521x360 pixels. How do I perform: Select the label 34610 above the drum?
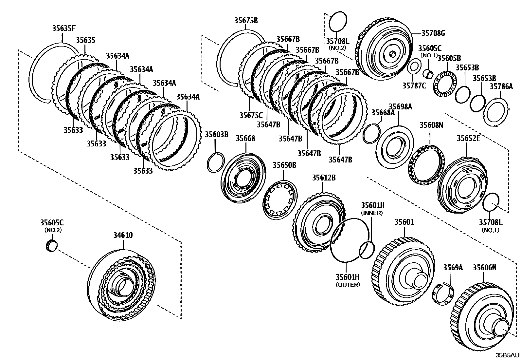123,236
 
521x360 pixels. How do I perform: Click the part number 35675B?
246,20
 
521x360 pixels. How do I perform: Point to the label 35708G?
433,33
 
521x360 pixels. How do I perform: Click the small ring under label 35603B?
216,161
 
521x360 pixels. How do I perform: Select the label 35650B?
284,165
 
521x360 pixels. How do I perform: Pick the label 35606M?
484,268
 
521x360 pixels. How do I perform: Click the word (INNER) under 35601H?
372,213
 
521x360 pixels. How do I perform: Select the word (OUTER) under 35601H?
348,285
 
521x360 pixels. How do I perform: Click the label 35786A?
501,87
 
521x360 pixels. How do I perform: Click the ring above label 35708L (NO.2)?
337,22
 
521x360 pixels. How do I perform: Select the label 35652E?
468,139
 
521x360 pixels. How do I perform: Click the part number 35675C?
251,115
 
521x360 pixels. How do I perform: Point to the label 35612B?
323,178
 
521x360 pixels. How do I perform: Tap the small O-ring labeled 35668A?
372,133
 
